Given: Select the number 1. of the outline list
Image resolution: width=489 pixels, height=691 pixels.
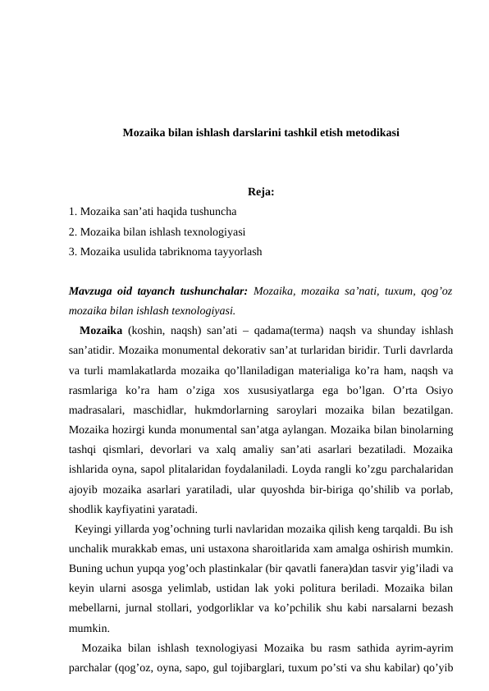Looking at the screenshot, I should pyautogui.click(x=74, y=213).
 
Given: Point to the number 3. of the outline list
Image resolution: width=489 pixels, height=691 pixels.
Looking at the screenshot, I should pyautogui.click(x=74, y=252).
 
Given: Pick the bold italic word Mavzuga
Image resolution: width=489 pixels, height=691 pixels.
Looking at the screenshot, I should pyautogui.click(x=91, y=291).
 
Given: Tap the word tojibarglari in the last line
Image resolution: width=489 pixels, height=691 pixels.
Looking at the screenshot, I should pyautogui.click(x=263, y=666).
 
